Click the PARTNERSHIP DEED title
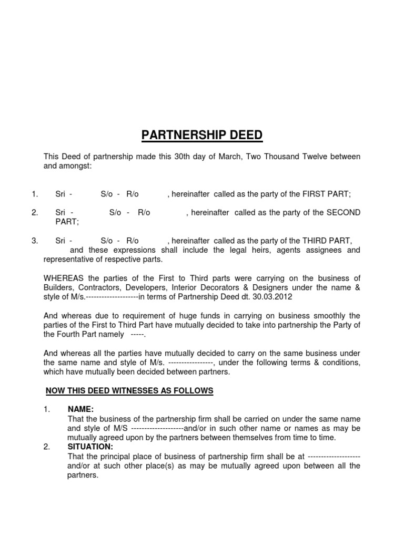202,136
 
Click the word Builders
57,287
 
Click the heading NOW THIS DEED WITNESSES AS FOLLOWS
129,390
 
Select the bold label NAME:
81,409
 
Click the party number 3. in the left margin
35,241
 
